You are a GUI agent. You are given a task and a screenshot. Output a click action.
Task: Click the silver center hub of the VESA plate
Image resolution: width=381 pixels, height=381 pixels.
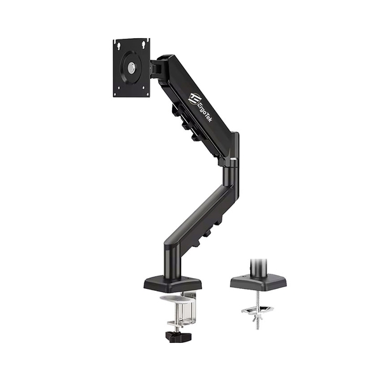131,67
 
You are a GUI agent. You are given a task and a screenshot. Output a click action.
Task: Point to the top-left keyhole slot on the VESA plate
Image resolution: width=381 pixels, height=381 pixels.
119,44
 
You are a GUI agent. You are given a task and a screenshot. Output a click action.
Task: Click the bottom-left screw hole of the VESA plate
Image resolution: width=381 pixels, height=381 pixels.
117,92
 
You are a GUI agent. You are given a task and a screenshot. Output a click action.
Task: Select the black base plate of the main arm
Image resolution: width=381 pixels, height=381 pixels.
173,283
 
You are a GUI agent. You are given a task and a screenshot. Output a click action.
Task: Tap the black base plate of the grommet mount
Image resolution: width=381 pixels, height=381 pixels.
258,281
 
